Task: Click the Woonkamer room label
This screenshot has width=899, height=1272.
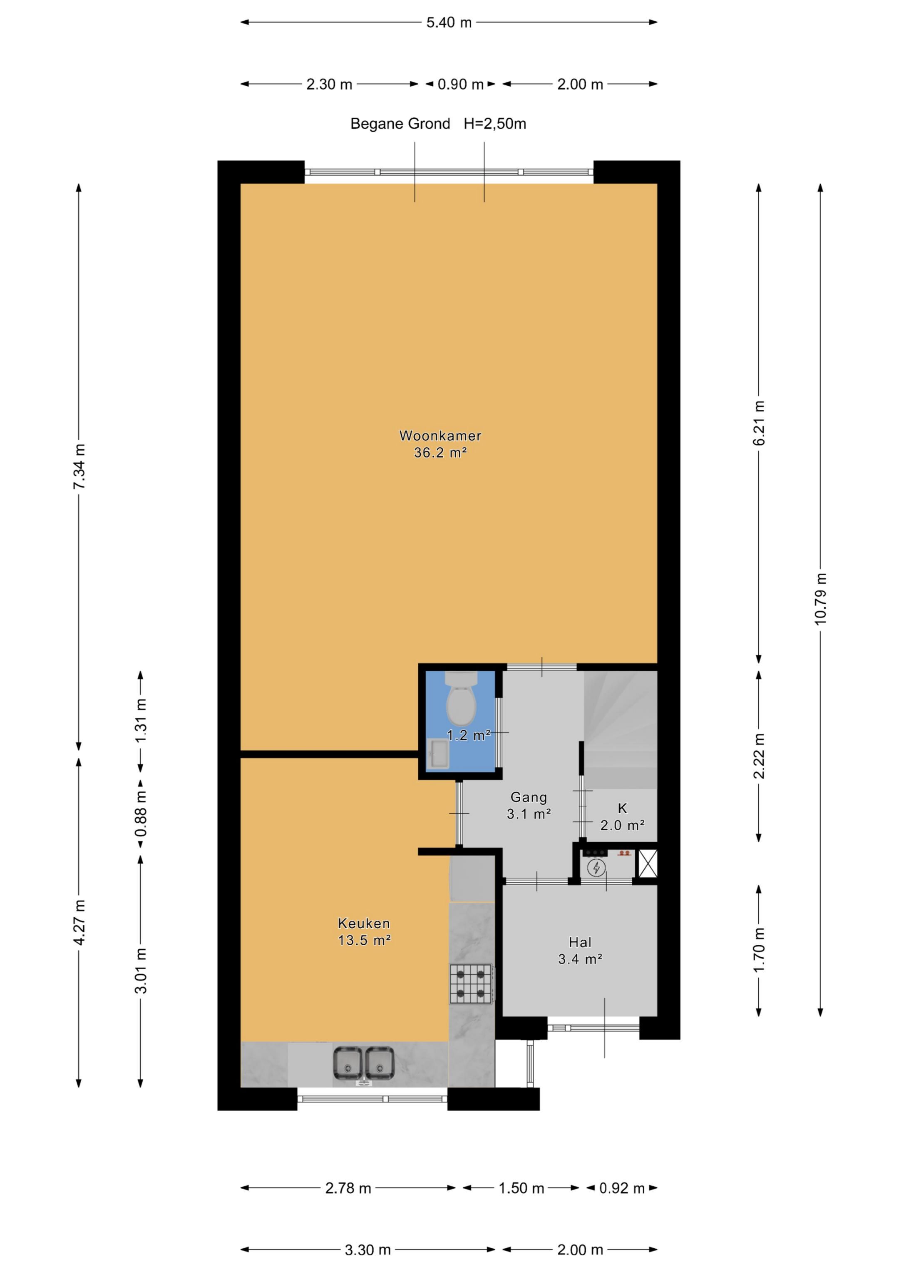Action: point(440,436)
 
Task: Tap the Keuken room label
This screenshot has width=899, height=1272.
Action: point(364,923)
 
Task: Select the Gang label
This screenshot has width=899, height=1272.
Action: point(529,797)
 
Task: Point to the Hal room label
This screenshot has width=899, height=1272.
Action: point(580,942)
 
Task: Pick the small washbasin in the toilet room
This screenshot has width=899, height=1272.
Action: point(437,754)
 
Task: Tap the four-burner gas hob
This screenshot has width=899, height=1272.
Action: point(471,984)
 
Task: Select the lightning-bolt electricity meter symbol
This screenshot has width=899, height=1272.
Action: point(596,868)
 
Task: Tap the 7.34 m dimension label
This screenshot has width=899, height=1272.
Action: point(79,466)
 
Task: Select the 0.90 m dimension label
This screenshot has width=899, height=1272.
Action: point(460,84)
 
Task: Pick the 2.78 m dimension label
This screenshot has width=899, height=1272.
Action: point(348,1188)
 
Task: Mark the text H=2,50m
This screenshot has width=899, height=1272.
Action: point(494,124)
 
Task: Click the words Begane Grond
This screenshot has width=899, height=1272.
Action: point(400,124)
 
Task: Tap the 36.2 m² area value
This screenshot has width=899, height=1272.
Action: point(440,453)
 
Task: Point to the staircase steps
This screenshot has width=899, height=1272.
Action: point(621,729)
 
